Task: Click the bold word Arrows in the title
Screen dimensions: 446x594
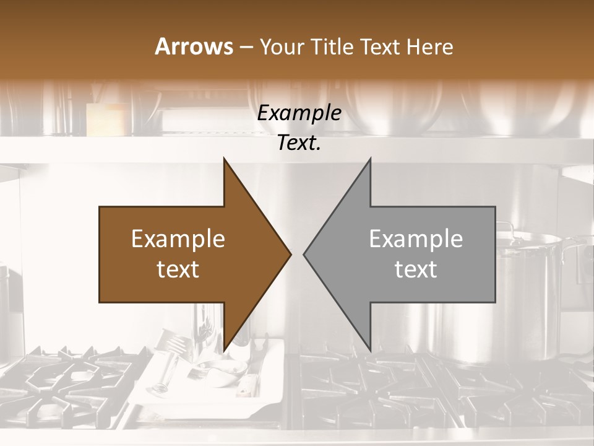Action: (194, 46)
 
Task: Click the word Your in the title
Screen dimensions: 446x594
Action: (282, 47)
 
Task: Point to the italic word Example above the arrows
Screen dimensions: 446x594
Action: (299, 113)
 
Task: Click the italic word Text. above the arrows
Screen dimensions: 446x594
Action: (299, 143)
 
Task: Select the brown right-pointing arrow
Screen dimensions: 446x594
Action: (186, 254)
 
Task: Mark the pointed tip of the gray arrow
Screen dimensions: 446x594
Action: (306, 254)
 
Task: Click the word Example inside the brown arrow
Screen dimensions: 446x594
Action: (178, 239)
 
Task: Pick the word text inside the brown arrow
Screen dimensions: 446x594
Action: (178, 269)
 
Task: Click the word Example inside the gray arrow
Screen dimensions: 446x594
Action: (416, 239)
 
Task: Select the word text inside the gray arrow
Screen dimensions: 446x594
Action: (416, 269)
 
